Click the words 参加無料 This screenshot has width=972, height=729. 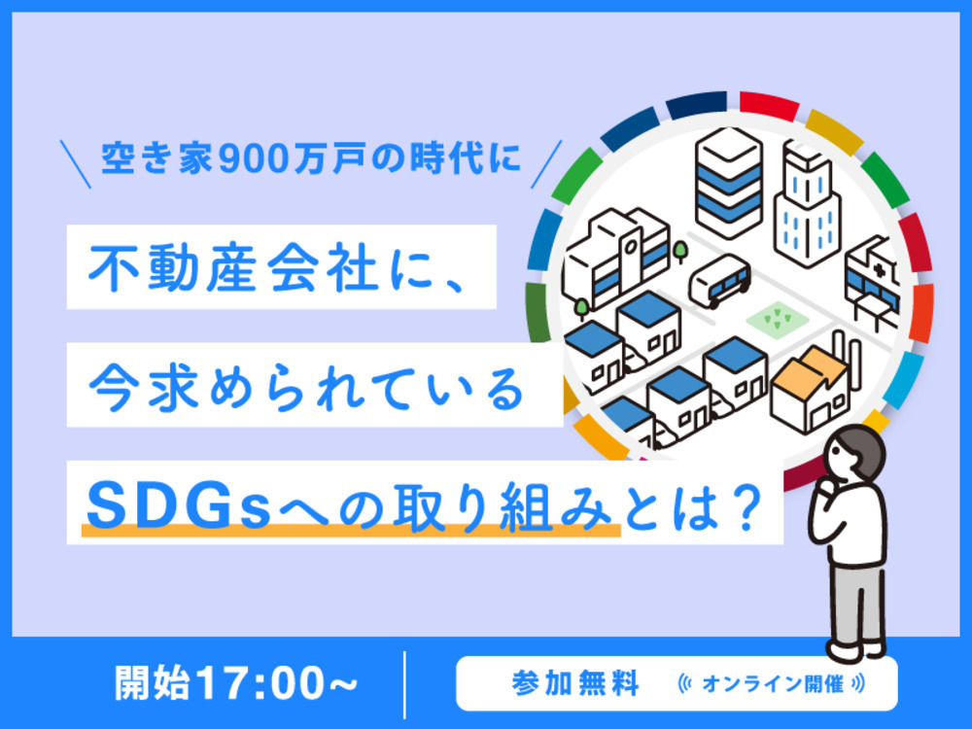click(575, 683)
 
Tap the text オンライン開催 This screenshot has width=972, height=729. click(773, 683)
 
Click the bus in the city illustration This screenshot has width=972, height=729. click(719, 280)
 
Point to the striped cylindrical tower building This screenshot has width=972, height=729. click(728, 183)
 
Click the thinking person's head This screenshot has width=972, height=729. click(855, 454)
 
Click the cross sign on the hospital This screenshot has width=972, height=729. click(879, 269)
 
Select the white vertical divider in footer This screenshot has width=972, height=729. click(404, 684)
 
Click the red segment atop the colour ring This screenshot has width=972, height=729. click(769, 105)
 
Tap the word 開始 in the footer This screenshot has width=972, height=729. click(153, 683)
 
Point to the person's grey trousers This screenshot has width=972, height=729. click(857, 604)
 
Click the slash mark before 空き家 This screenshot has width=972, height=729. click(76, 164)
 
